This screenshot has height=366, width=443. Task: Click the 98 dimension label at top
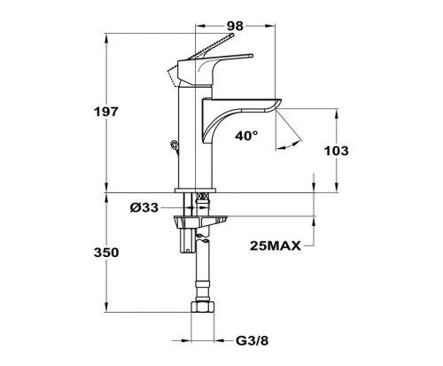(235, 26)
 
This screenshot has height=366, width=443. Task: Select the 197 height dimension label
(106, 112)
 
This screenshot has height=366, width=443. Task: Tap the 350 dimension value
(106, 253)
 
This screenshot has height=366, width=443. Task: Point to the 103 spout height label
(337, 151)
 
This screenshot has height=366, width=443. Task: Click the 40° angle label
(246, 136)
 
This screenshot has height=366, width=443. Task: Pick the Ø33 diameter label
(144, 207)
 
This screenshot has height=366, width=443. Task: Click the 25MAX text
(276, 245)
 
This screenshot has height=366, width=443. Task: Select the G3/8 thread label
(253, 340)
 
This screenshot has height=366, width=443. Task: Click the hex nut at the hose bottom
(203, 307)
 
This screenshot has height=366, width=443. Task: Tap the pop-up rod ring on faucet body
(175, 145)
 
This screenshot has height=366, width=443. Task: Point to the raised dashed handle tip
(232, 35)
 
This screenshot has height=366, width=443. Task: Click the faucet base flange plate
(196, 191)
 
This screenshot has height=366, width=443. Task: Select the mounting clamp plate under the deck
(200, 221)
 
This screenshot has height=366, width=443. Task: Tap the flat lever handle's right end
(251, 56)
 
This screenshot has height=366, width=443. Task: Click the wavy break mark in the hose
(202, 238)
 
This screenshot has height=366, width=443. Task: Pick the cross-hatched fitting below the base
(202, 197)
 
